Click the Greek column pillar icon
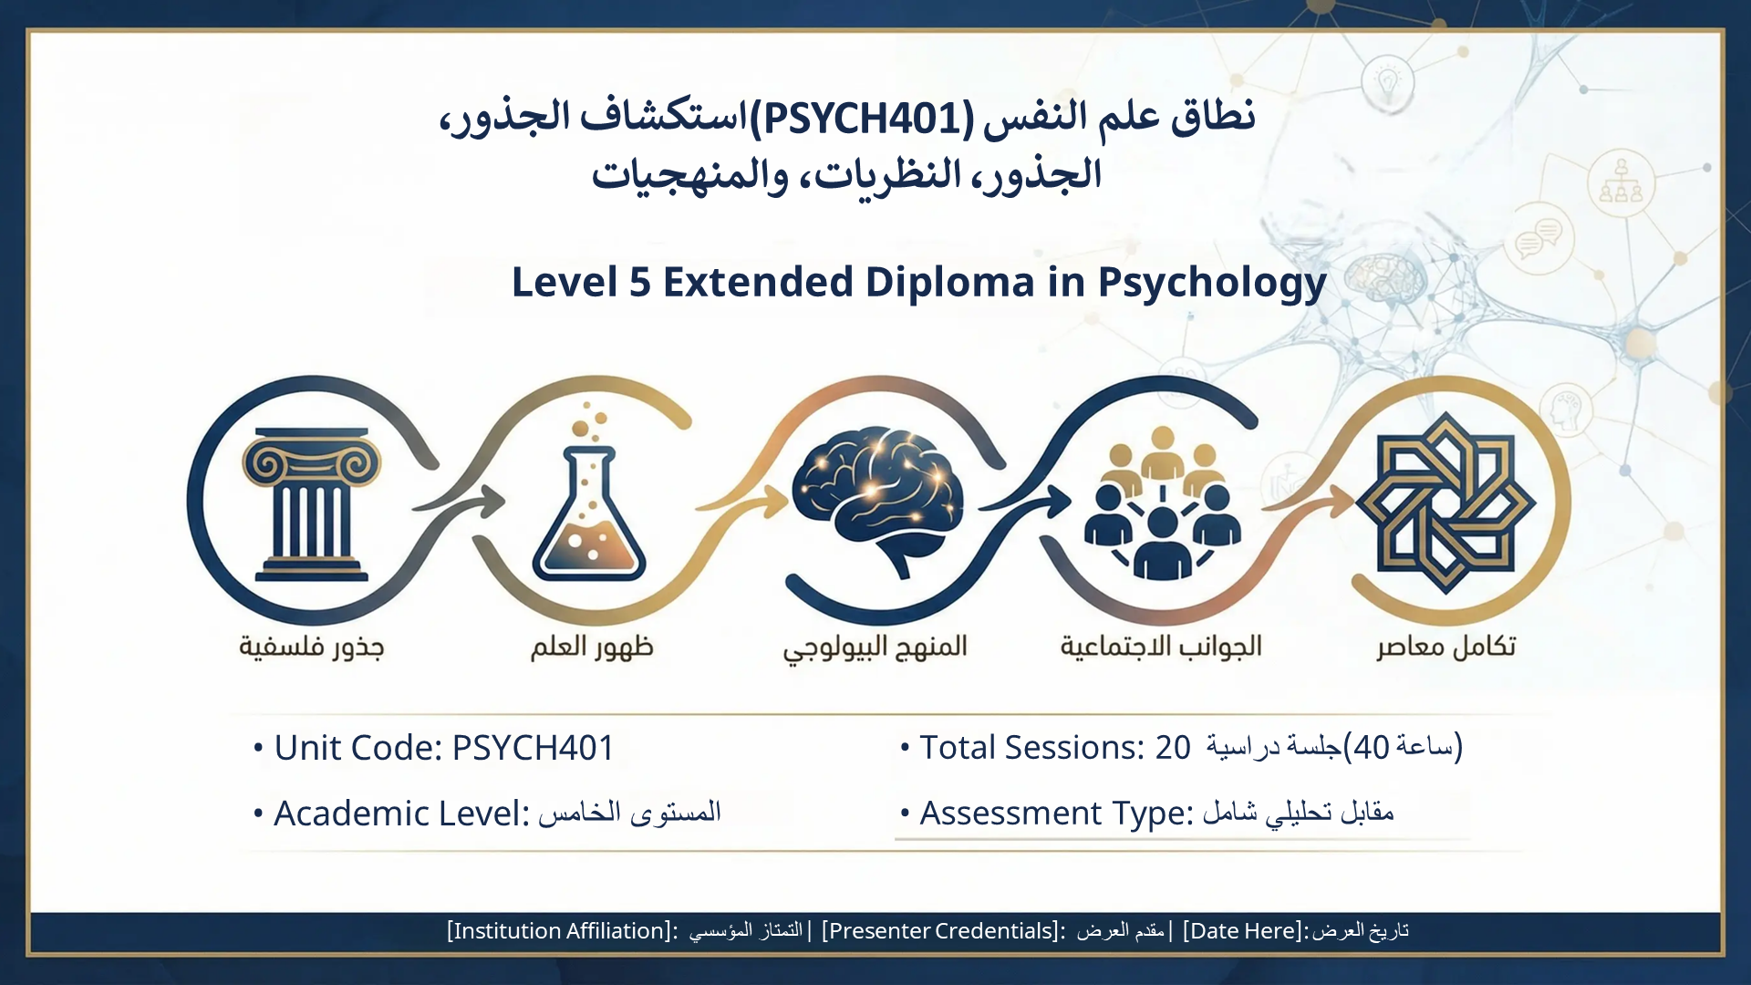tap(312, 504)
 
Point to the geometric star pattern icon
tap(1445, 503)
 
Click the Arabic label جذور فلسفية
tap(312, 647)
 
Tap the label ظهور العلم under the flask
tap(593, 647)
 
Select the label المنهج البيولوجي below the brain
tap(875, 648)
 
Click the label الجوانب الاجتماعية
tap(1161, 646)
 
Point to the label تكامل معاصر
tap(1446, 646)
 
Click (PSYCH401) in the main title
tap(862, 118)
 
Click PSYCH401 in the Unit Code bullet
tap(534, 748)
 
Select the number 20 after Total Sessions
tap(1173, 748)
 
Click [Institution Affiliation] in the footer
tap(562, 930)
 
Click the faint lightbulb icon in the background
tap(1387, 80)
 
